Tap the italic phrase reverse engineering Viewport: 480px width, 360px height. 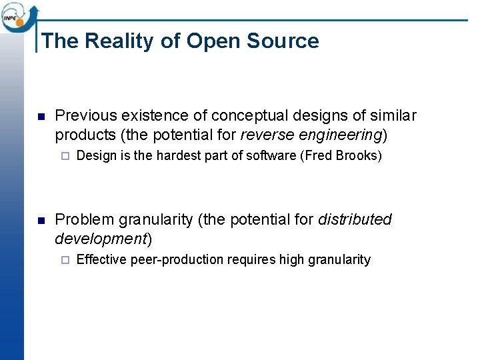(311, 135)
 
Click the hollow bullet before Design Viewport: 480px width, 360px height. (64, 157)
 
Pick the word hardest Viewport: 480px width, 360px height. (174, 156)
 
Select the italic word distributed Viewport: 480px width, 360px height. (355, 219)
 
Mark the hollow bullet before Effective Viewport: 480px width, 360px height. (64, 261)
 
